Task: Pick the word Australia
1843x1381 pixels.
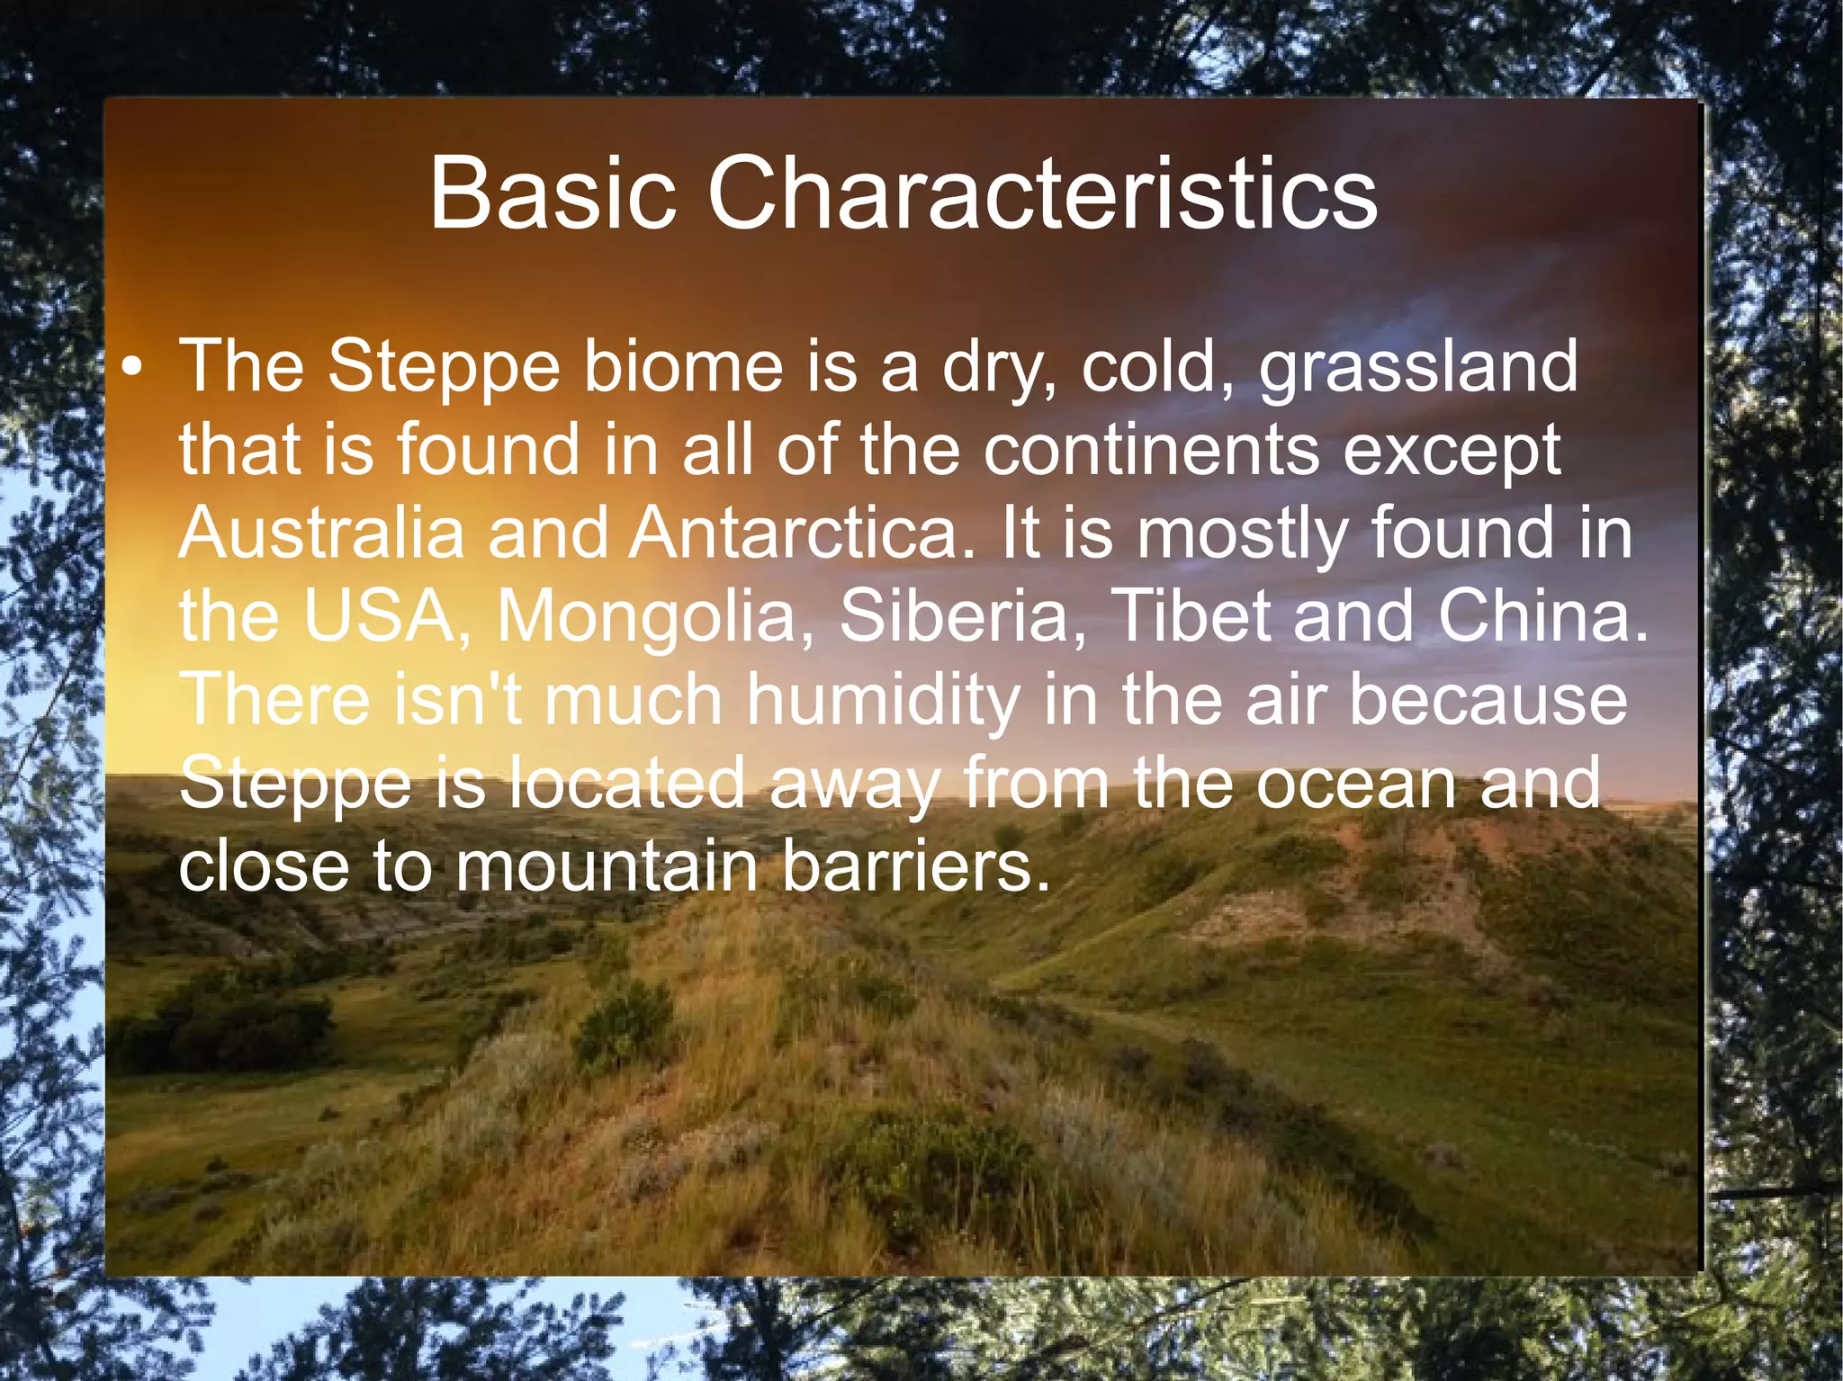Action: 321,533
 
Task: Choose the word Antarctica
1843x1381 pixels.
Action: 801,533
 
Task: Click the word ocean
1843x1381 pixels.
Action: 1355,783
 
